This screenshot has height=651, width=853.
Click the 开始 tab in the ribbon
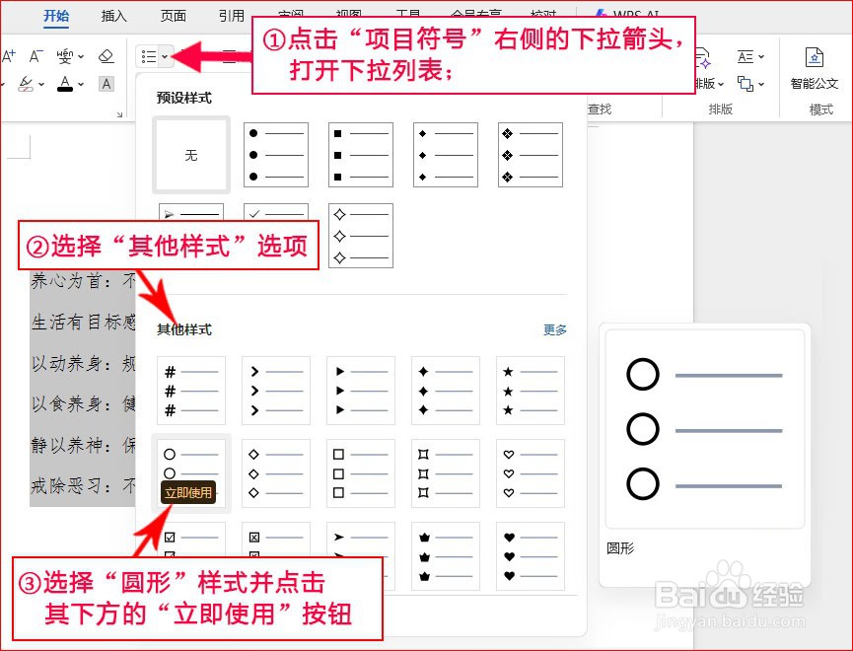pyautogui.click(x=56, y=16)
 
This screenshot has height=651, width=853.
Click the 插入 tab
pyautogui.click(x=114, y=16)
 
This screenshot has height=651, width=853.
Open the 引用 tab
pyautogui.click(x=232, y=16)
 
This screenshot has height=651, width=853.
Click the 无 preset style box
pyautogui.click(x=191, y=156)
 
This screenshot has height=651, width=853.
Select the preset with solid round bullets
pyautogui.click(x=276, y=155)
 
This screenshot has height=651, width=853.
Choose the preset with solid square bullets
pyautogui.click(x=361, y=155)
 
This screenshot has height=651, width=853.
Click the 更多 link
pyautogui.click(x=555, y=329)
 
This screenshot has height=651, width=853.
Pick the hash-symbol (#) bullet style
pyautogui.click(x=191, y=391)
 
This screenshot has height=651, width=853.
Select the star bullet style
pyautogui.click(x=531, y=391)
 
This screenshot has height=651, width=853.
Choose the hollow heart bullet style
pyautogui.click(x=531, y=473)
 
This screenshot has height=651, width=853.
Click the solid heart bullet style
pyautogui.click(x=531, y=553)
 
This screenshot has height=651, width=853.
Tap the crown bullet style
pyautogui.click(x=446, y=553)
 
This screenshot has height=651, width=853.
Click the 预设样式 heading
pyautogui.click(x=184, y=98)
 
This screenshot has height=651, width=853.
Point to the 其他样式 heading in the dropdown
pyautogui.click(x=184, y=329)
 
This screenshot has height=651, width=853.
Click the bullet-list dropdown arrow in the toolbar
pyautogui.click(x=165, y=56)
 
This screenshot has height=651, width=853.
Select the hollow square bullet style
pyautogui.click(x=361, y=473)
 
